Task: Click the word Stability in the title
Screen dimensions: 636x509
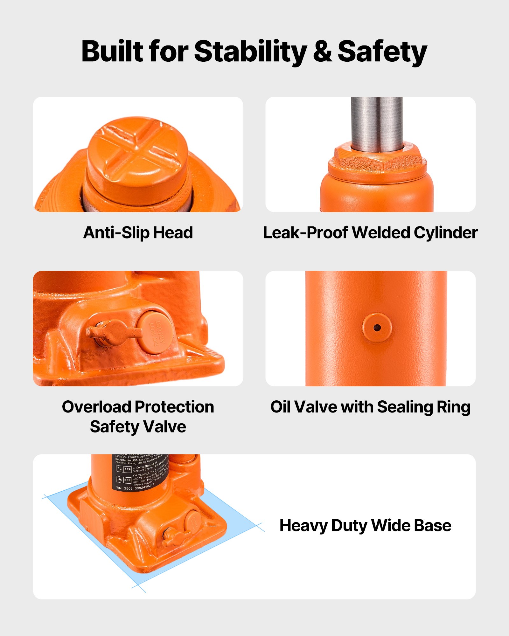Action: click(250, 52)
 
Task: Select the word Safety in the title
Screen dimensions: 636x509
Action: click(382, 52)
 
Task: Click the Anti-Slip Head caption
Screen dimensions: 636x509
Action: click(138, 232)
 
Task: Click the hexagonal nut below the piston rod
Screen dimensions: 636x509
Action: click(377, 161)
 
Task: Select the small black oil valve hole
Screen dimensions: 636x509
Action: click(377, 328)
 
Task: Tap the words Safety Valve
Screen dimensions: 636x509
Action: click(138, 426)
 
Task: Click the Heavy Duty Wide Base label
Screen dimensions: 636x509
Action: click(365, 525)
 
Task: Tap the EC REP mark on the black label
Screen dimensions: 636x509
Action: click(123, 469)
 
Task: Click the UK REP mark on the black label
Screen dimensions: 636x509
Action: click(123, 480)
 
